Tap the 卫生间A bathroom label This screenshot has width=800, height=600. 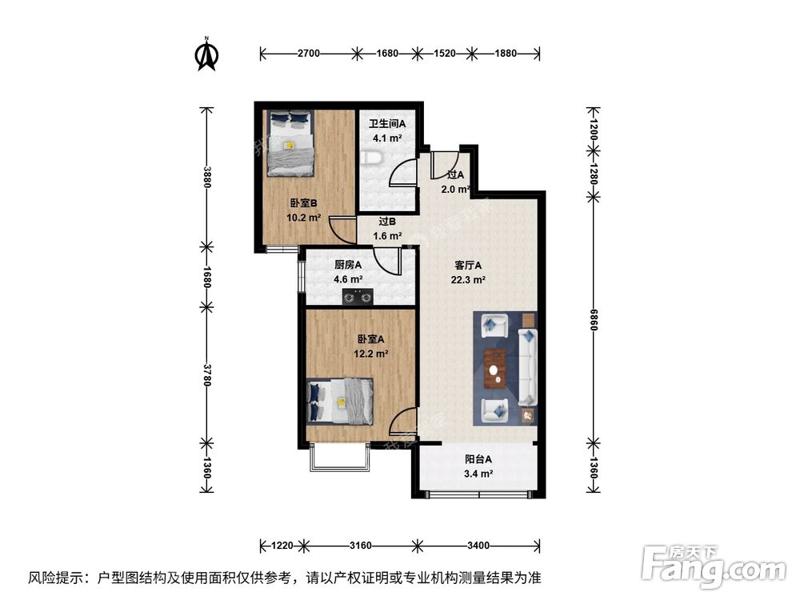387,124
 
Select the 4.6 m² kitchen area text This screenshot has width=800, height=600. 348,279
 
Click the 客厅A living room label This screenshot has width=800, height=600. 469,266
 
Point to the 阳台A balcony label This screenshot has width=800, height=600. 478,460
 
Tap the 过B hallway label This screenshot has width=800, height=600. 387,222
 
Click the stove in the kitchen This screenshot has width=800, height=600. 358,298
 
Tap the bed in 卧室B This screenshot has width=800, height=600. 290,142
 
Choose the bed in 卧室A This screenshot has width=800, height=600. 340,400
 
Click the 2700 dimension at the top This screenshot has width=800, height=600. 309,54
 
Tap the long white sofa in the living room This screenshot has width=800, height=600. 528,367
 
